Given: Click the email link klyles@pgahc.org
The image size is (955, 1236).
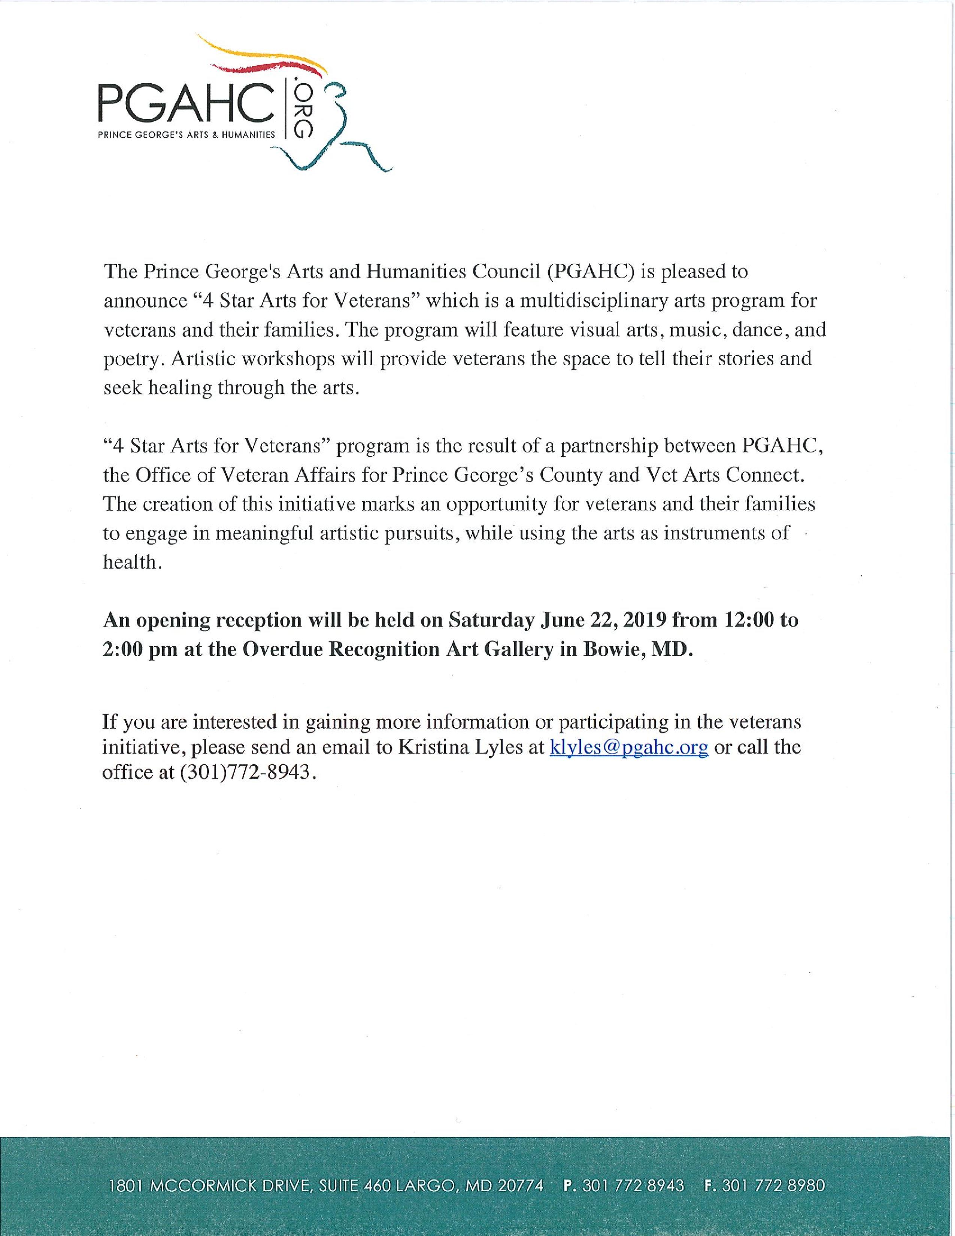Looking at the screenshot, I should point(628,747).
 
